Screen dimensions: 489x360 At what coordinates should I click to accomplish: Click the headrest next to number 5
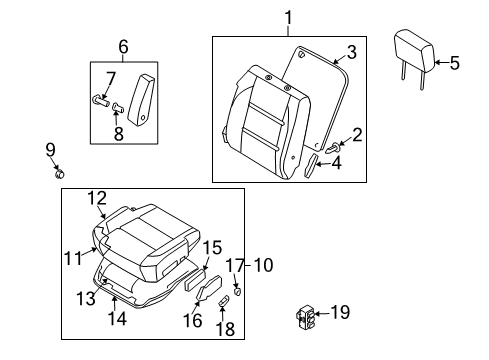(415, 53)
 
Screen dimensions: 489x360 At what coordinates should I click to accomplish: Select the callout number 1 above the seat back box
(289, 18)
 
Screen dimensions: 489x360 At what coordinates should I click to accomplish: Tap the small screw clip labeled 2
(333, 148)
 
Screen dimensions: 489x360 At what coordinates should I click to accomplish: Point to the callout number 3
(352, 52)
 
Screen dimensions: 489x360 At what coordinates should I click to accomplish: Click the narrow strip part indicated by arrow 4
(310, 166)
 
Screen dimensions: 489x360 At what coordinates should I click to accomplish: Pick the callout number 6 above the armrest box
(123, 47)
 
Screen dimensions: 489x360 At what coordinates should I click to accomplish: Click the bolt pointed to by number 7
(100, 101)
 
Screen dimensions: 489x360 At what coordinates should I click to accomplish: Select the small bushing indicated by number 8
(118, 107)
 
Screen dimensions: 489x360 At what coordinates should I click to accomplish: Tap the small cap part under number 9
(60, 174)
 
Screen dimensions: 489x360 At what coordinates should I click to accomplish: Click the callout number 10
(263, 265)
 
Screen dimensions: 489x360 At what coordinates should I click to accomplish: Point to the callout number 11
(73, 258)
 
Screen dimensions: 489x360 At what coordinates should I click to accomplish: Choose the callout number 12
(97, 198)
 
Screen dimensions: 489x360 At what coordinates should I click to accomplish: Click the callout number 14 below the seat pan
(117, 318)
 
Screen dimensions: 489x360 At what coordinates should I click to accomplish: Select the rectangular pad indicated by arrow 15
(195, 281)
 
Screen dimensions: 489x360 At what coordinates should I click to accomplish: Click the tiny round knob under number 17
(238, 291)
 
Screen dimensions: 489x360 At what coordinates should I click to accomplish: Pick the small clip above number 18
(224, 300)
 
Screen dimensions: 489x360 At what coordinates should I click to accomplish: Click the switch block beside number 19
(305, 318)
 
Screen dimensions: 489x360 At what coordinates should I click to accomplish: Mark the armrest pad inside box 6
(141, 100)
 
